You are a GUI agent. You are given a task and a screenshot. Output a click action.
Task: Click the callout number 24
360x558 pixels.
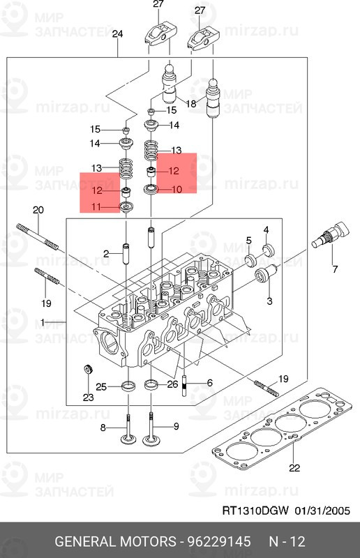point(117,34)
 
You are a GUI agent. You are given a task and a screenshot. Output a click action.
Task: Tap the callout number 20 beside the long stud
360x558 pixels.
point(38,210)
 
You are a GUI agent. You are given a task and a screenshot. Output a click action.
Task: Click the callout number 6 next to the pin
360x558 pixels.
point(209,384)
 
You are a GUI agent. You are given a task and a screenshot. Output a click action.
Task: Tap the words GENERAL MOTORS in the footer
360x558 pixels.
point(115,541)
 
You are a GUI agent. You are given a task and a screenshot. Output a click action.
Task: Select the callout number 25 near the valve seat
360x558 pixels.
point(101,386)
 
